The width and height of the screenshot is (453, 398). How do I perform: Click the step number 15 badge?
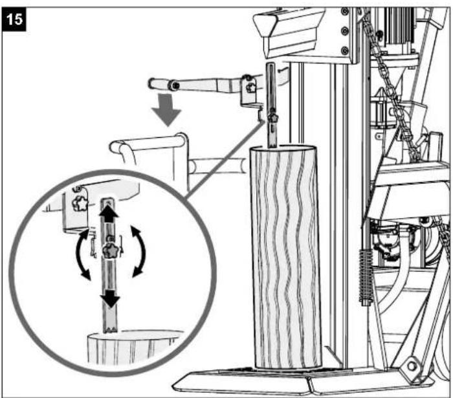tap(14, 19)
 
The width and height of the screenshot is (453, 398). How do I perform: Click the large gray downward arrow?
tap(166, 110)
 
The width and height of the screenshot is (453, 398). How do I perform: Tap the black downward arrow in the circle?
tap(111, 298)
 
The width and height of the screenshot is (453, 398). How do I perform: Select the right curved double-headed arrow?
tap(142, 252)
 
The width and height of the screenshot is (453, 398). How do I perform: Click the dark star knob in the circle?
tap(111, 250)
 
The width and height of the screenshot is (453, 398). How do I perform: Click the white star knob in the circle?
tap(80, 203)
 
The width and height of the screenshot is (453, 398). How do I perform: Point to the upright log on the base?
tap(286, 257)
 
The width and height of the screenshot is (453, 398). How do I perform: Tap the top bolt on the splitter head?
tap(345, 11)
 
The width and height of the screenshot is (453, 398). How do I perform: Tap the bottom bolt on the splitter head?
tap(345, 51)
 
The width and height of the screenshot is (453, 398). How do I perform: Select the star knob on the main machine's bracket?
tap(250, 87)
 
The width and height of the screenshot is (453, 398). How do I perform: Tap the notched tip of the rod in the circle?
tap(110, 329)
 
